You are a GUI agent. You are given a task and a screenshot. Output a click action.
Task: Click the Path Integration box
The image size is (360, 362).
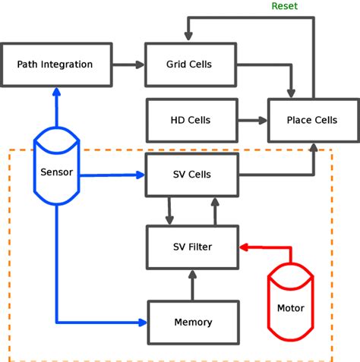point(55,65)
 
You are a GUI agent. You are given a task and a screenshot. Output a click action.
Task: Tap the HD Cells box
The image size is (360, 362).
point(191,120)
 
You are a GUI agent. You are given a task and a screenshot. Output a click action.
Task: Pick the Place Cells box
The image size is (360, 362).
point(312,120)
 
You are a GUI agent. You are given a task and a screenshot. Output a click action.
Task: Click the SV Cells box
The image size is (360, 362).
point(191,175)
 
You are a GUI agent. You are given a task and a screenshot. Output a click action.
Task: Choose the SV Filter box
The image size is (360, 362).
point(192,247)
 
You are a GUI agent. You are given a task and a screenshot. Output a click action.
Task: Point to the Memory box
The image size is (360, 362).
point(193,322)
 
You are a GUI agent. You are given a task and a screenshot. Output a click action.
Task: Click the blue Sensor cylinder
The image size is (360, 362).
point(57,171)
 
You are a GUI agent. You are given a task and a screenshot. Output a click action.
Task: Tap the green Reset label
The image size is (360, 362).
point(285,6)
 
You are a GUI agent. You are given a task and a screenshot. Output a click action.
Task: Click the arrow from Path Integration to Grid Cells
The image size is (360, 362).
point(128,65)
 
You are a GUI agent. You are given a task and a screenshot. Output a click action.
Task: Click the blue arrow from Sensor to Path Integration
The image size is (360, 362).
point(56,110)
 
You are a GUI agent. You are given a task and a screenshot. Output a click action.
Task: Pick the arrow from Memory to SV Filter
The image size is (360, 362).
point(192,285)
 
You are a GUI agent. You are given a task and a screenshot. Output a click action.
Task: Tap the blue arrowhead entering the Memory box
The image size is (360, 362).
point(141,322)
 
